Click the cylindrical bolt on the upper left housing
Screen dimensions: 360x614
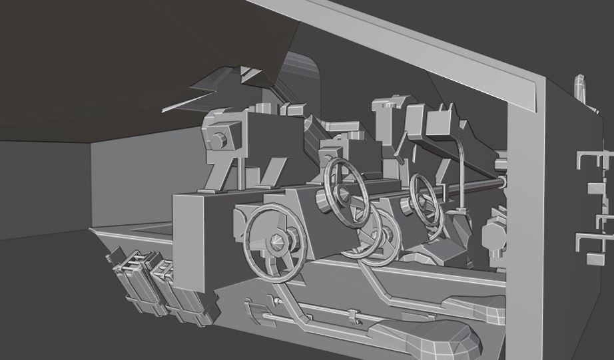click(218, 141)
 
